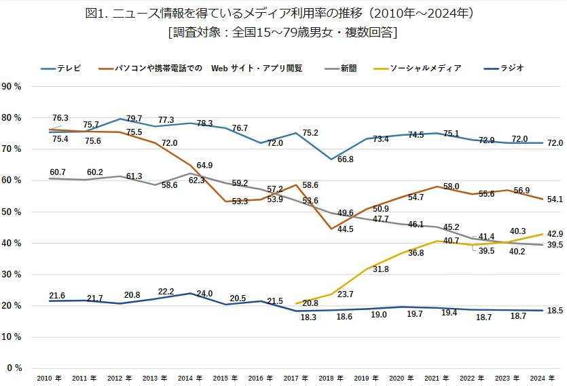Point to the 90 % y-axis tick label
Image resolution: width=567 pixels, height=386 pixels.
click(12, 86)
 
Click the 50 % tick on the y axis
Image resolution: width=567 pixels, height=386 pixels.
click(12, 212)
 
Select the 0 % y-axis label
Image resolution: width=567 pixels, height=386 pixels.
click(15, 368)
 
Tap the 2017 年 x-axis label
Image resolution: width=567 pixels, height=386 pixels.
click(296, 378)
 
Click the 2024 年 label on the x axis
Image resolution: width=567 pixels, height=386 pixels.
click(542, 378)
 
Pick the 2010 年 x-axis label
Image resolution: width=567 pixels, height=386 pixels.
click(50, 378)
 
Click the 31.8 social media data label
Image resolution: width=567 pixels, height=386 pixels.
click(381, 269)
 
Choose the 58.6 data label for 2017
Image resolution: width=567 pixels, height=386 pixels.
click(311, 185)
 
